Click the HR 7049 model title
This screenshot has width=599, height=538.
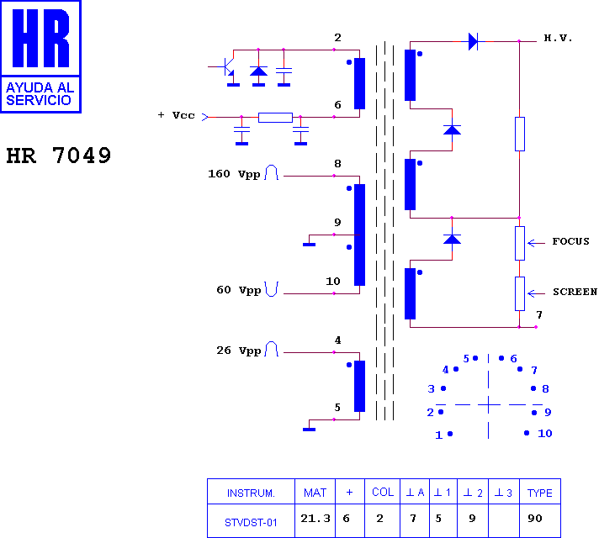[x=58, y=156]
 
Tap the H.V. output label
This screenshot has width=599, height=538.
[x=558, y=38]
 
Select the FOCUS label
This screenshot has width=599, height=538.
[x=570, y=241]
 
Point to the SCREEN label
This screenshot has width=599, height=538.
[x=575, y=292]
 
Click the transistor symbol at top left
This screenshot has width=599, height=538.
[x=229, y=67]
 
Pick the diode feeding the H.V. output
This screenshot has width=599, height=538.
[x=473, y=41]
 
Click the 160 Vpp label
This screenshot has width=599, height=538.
[x=234, y=174]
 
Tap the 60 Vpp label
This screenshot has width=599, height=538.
[x=239, y=290]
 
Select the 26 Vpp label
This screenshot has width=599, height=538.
[x=239, y=351]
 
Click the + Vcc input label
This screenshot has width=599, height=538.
[x=177, y=115]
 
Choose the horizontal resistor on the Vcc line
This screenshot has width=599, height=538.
[x=275, y=117]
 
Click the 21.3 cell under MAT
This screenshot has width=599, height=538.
[x=315, y=518]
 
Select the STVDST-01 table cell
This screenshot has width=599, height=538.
[x=251, y=522]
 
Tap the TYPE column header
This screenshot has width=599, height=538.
[x=540, y=493]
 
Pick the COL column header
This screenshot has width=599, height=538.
[x=383, y=492]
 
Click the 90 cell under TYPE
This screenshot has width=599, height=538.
[x=535, y=518]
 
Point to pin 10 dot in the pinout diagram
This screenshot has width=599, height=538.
[x=527, y=433]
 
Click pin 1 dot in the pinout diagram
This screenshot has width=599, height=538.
[x=450, y=434]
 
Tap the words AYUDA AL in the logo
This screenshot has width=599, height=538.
[x=40, y=87]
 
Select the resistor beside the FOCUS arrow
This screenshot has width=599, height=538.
[x=520, y=243]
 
